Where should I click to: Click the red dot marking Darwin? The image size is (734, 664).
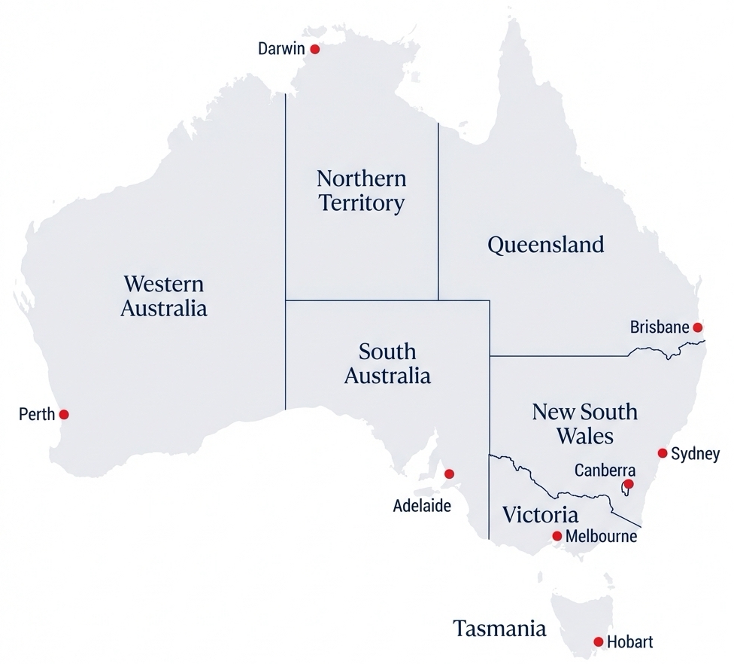point(315,49)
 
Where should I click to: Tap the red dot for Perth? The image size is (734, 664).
point(64,414)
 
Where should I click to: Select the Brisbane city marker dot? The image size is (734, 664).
point(697,327)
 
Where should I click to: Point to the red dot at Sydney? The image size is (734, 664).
point(663,453)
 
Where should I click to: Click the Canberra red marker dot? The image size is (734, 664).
point(629,483)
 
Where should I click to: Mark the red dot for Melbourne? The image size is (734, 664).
point(557,536)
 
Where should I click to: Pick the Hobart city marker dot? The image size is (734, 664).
point(598,642)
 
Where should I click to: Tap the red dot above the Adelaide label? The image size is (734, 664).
point(449,474)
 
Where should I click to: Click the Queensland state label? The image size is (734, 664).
point(545,245)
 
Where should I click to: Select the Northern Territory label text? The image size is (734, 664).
point(361,190)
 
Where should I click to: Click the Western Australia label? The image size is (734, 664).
point(164,296)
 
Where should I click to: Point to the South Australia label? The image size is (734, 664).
point(387,363)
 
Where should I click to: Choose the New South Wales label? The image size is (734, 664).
point(584,423)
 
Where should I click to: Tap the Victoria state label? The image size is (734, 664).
point(540,515)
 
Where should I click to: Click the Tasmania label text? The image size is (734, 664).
point(499,629)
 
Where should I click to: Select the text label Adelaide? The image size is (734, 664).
point(422,506)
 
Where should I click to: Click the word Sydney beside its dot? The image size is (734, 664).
point(695,454)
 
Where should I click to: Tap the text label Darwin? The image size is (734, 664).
point(281,49)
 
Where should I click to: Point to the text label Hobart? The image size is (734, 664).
point(629,642)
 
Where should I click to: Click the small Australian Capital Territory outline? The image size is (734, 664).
point(625,491)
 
